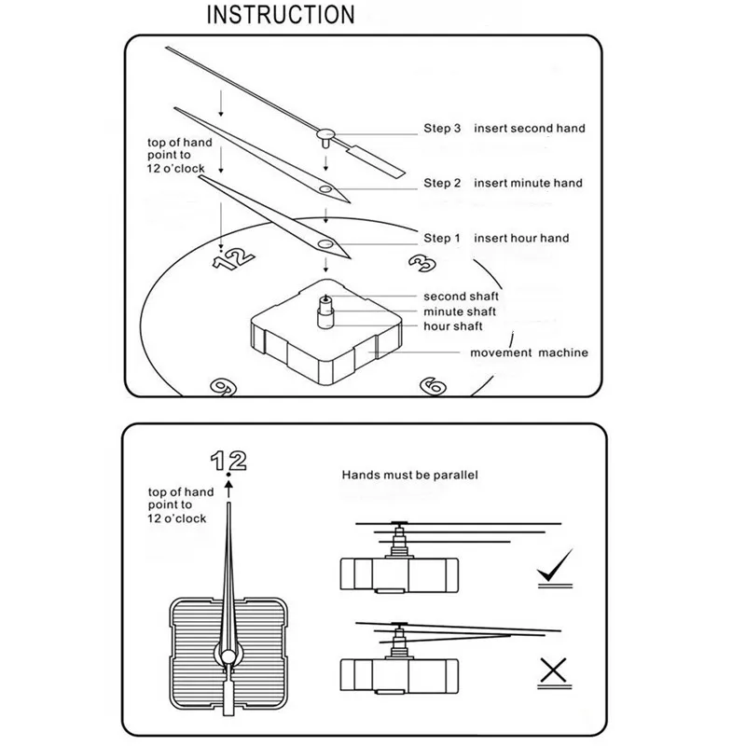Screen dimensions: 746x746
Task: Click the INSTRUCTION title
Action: [x=281, y=15]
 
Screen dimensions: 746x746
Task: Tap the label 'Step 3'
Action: [x=442, y=129]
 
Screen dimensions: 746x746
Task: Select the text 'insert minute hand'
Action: [x=528, y=183]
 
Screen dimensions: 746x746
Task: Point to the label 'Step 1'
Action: [x=442, y=239]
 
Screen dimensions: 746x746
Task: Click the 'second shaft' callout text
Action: [x=461, y=297]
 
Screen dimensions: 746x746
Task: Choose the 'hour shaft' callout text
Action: [x=453, y=326]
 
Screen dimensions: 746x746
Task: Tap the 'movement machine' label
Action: [x=529, y=352]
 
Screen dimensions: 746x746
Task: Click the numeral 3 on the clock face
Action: [x=423, y=263]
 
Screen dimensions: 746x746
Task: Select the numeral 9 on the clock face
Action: [x=224, y=387]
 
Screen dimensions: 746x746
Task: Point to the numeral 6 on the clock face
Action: [x=434, y=386]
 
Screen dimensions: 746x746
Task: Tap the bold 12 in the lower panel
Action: [x=228, y=461]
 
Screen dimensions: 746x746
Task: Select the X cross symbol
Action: [x=554, y=670]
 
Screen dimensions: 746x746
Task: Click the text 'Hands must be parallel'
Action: [x=409, y=475]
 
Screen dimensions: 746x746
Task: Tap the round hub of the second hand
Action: [x=325, y=134]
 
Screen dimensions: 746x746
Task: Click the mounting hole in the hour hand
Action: [x=325, y=244]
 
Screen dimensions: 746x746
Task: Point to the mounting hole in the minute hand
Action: [x=325, y=189]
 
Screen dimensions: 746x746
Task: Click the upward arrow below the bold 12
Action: [x=228, y=489]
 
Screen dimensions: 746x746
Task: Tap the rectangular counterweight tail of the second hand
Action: [x=377, y=161]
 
